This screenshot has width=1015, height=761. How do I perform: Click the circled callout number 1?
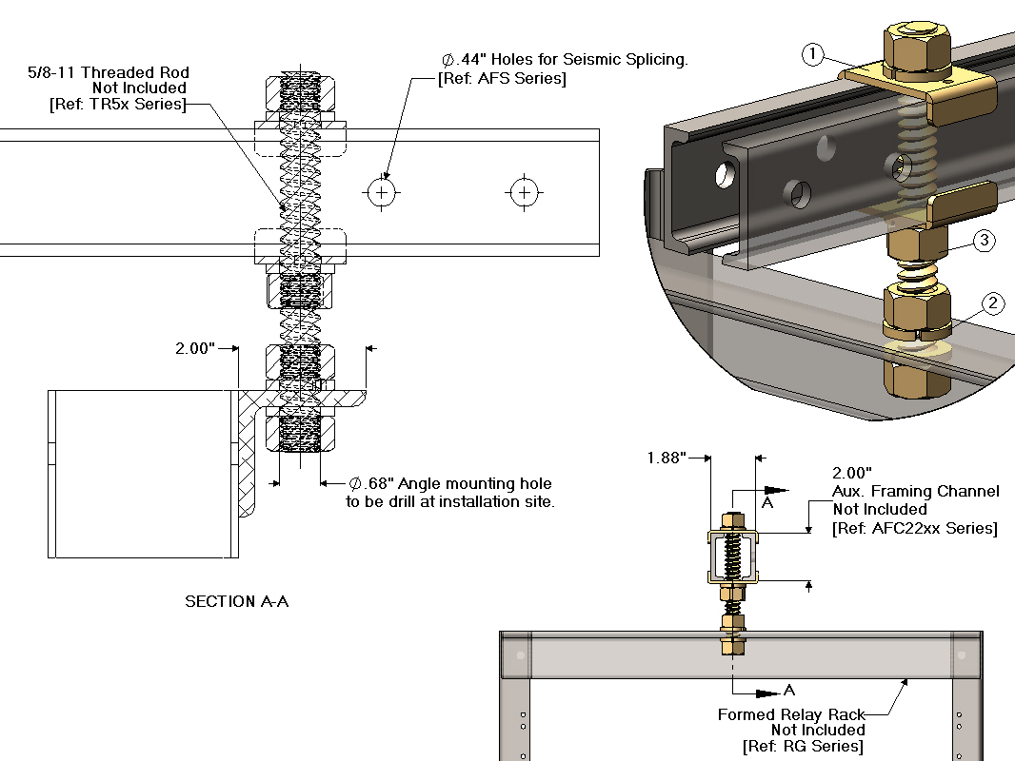point(811,55)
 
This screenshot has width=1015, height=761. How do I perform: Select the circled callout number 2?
point(992,304)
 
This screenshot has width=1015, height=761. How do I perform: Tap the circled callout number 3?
point(985,241)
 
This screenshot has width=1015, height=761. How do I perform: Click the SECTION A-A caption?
point(236,601)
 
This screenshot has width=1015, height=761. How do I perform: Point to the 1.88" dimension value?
point(667,458)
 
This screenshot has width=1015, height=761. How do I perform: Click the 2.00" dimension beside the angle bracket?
point(194,349)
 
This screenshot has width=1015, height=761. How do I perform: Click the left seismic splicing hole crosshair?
point(381,193)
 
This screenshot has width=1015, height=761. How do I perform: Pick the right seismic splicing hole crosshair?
point(523,193)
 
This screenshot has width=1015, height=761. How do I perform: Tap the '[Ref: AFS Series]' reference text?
point(502,78)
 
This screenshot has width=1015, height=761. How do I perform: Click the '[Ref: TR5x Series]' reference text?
point(117,104)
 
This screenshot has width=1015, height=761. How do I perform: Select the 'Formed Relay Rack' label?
point(791,714)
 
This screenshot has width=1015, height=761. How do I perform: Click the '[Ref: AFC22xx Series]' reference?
point(914,528)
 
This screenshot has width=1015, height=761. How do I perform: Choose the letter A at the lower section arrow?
point(788,690)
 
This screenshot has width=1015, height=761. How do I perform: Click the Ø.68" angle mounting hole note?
point(449,484)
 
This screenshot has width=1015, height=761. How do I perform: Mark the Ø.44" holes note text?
point(564,59)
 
